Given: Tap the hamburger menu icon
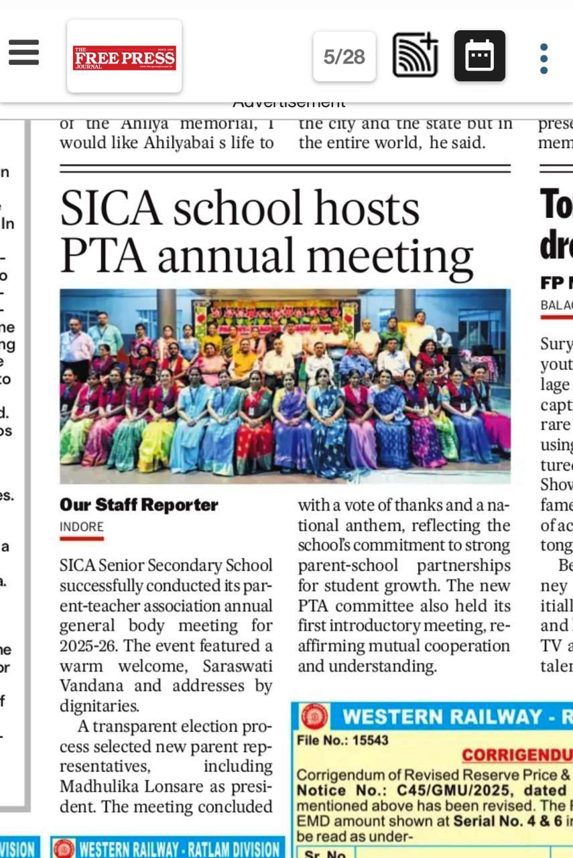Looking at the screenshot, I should pos(23,52).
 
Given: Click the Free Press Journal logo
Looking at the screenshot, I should pos(124,56).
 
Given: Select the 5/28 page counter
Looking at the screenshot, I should pos(344,57).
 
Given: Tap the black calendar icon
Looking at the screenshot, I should pos(479,56).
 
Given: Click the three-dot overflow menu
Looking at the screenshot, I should pos(544,58).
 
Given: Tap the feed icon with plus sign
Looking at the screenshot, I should pos(415,56).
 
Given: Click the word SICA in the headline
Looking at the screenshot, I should pos(111,208).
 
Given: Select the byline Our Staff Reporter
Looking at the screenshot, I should pos(139,505).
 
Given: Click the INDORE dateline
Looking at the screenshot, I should pos(82,527).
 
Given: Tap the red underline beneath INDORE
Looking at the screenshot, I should pos(82,538).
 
